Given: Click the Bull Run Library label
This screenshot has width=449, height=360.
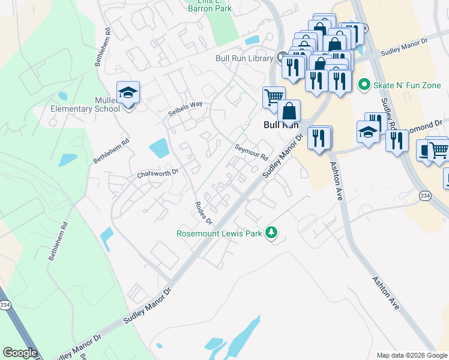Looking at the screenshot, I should [x=245, y=58].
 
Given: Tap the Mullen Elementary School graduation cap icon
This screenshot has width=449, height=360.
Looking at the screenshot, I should [x=128, y=92].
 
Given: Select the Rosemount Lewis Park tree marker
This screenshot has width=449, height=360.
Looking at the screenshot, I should [x=272, y=232].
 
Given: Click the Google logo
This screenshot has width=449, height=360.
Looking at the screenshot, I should [x=20, y=353].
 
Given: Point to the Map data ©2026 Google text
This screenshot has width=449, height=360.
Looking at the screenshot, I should [x=412, y=355].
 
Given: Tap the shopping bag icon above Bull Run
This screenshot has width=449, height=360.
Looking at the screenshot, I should [x=289, y=111].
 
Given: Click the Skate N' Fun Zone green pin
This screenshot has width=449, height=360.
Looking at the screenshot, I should [x=363, y=85].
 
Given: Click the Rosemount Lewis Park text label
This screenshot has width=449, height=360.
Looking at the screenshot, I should [x=220, y=233].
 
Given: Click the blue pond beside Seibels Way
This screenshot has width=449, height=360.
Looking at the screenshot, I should [x=158, y=148].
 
